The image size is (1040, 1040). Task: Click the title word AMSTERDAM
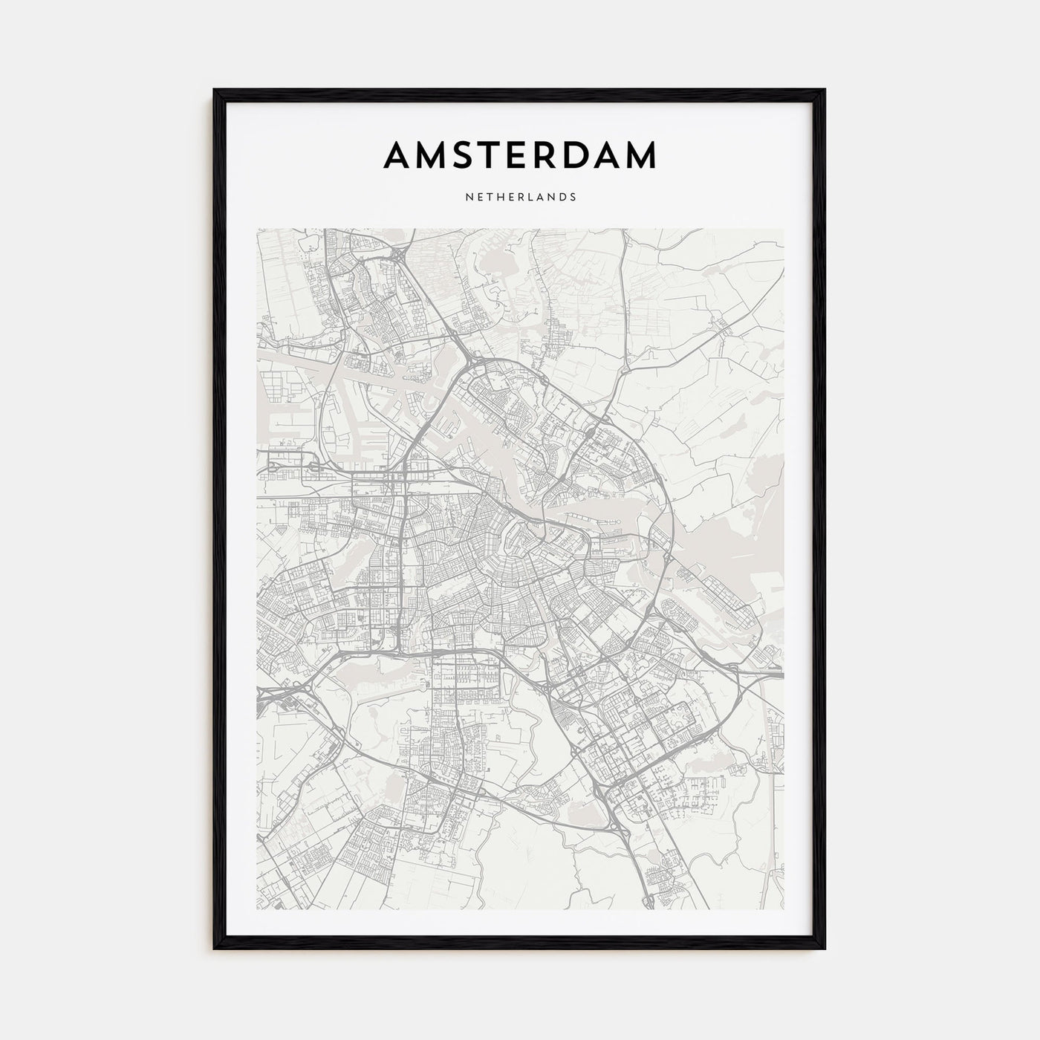click(520, 155)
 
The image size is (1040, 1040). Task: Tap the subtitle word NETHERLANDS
click(520, 198)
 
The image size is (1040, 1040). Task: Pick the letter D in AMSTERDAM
click(585, 155)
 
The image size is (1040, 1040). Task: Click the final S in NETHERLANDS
click(573, 198)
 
